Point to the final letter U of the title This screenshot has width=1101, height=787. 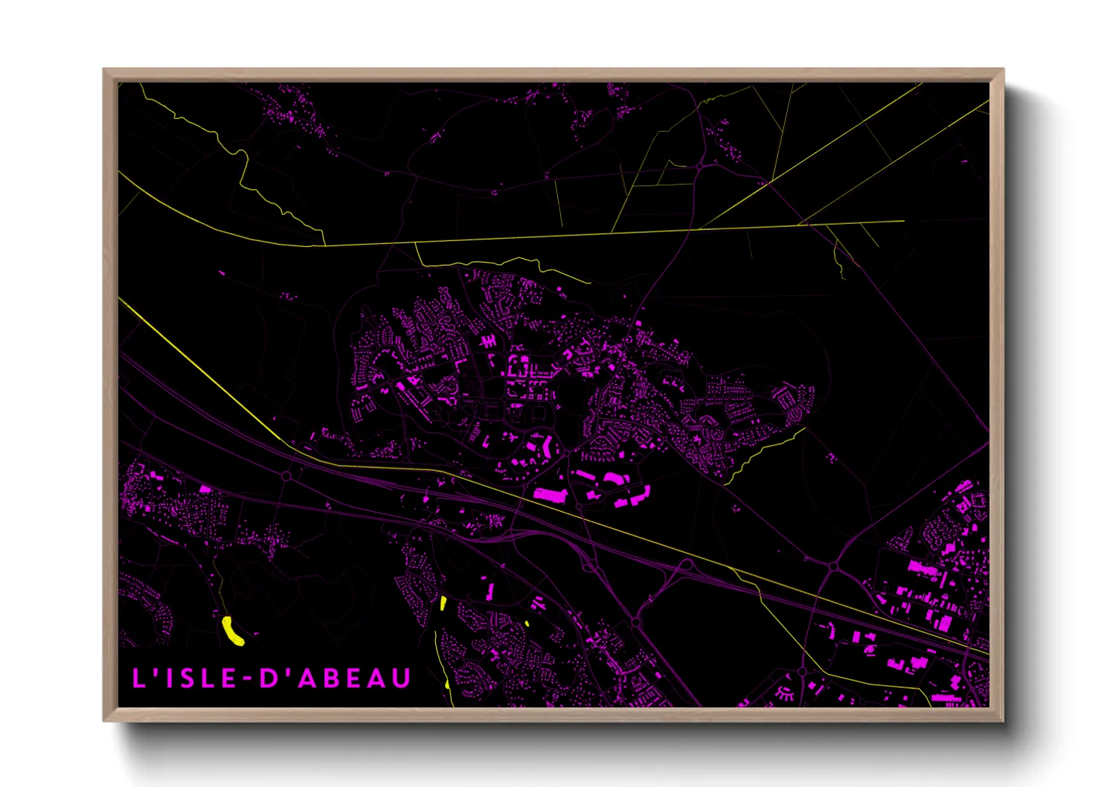401,678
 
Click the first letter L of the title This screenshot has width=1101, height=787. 138,678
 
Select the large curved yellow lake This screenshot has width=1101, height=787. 234,630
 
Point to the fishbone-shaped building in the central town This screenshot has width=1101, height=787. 488,341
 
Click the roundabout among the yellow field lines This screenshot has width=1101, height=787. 700,167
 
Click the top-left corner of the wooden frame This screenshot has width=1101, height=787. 104,69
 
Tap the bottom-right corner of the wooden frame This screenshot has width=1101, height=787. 1004,721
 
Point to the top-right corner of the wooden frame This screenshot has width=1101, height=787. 1004,69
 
